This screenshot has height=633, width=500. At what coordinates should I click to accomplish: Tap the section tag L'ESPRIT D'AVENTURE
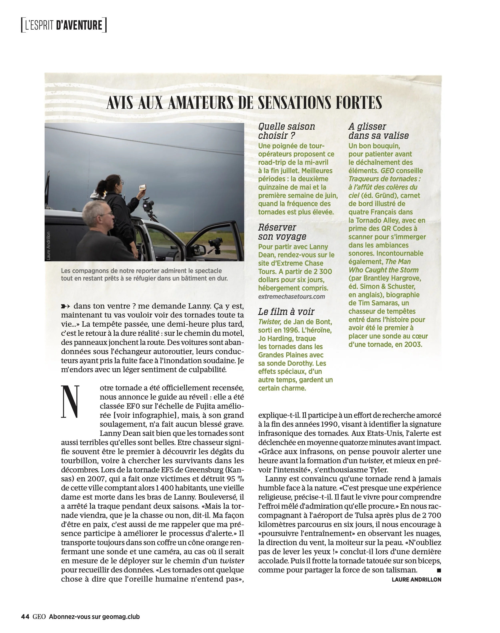[64, 25]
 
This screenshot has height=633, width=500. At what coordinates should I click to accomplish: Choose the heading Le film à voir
[286, 312]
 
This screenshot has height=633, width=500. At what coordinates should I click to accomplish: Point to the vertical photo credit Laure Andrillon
[49, 246]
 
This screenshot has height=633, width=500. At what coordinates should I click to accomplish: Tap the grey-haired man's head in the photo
[97, 214]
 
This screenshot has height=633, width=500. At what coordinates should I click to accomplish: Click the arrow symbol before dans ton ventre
[66, 306]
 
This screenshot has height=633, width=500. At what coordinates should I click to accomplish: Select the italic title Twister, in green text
[270, 322]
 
